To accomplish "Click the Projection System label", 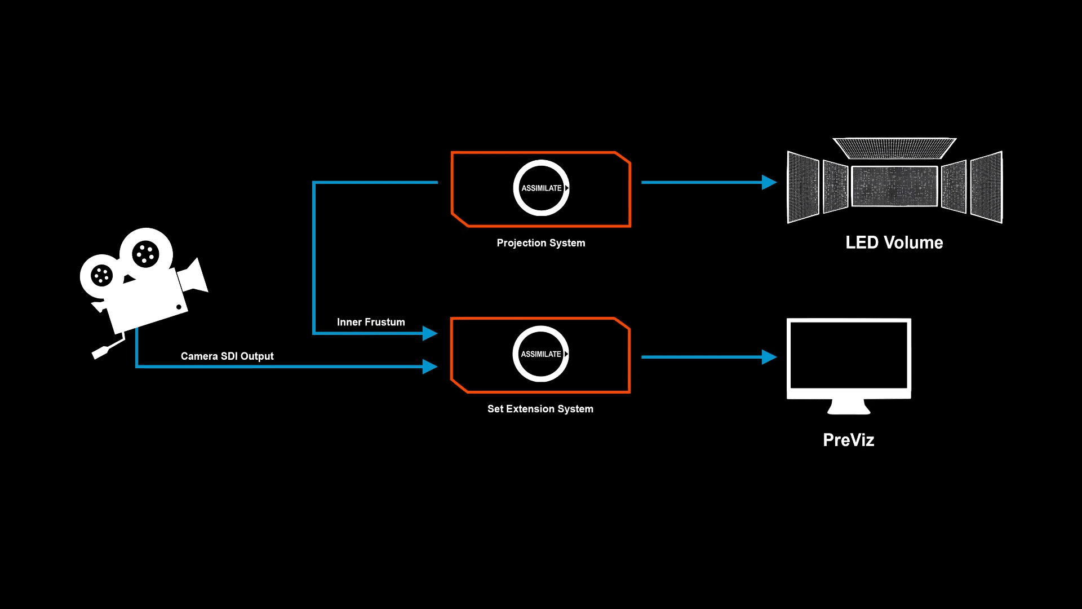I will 540,243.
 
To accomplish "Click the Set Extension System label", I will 540,409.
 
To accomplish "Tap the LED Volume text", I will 894,242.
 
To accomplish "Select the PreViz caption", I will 848,440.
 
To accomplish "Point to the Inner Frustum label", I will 371,322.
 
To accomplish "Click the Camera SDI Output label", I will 227,356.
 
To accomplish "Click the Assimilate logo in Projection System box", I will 541,188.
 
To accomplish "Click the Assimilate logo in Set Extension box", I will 540,354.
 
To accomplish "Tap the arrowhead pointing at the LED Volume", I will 769,182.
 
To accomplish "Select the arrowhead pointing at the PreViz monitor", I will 769,357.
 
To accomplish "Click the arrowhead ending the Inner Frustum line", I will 429,333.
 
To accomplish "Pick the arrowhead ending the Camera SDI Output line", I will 429,367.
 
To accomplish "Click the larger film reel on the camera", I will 146,254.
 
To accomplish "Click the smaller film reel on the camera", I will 101,276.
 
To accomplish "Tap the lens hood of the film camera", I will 194,276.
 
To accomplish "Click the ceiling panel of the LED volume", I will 894,148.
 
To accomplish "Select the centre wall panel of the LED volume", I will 894,186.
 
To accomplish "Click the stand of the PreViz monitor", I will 849,407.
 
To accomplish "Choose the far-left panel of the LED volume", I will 803,187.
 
